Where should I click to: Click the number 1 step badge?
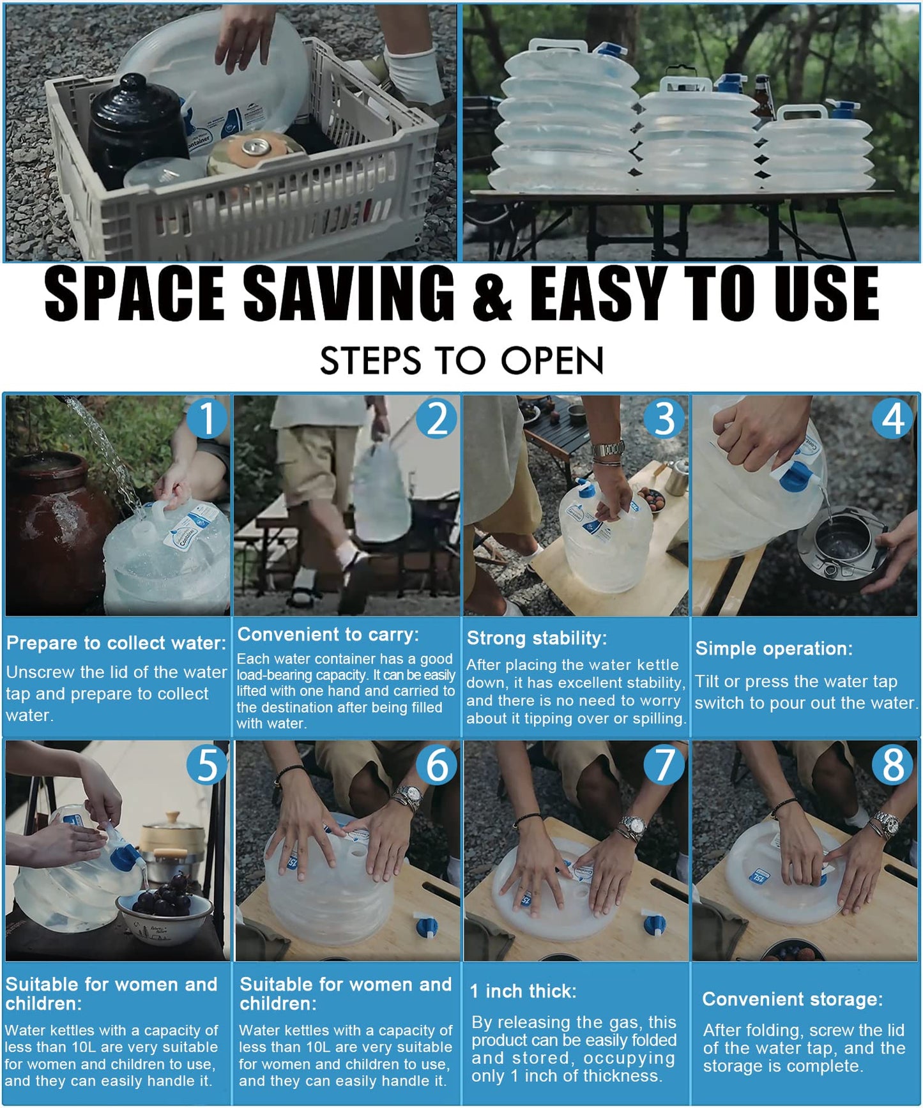pos(207,418)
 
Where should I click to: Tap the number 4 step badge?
pos(893,418)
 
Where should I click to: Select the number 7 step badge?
pos(664,764)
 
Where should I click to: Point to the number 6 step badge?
pos(437,764)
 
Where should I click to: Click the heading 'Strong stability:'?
pos(537,638)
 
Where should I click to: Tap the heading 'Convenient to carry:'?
pos(328,634)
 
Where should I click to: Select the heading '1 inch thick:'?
pos(523,991)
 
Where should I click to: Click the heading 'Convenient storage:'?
pos(793,999)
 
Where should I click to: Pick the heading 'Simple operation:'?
pos(774,649)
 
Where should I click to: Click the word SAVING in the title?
pos(349,293)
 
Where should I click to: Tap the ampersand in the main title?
pos(492,294)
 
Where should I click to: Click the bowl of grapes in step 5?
pos(164,912)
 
